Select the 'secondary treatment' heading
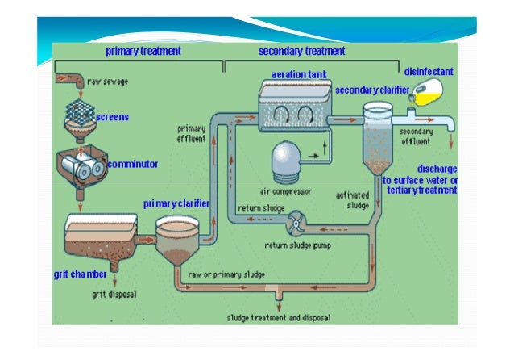click(301, 51)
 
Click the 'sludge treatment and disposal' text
click(275, 317)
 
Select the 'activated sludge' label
click(351, 199)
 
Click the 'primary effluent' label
click(192, 132)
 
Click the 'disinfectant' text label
click(428, 71)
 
